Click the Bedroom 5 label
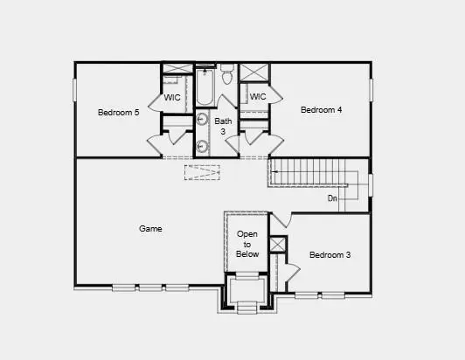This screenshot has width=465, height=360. [118, 113]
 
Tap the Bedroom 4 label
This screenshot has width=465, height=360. [321, 110]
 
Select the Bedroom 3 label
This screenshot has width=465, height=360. [330, 255]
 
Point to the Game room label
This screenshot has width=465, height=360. [150, 229]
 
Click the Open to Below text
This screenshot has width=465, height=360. [246, 244]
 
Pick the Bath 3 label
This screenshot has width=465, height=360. [224, 126]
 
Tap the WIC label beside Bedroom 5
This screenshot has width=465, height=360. [173, 98]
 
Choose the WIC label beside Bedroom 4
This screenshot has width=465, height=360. [257, 97]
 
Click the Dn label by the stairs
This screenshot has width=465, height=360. [332, 199]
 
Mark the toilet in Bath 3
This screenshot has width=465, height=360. [226, 77]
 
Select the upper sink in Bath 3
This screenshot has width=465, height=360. [202, 121]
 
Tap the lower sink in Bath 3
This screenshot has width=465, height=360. [202, 146]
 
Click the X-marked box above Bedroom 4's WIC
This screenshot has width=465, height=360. [254, 73]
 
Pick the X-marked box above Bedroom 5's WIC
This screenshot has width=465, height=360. [177, 69]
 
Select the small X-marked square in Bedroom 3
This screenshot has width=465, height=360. [277, 245]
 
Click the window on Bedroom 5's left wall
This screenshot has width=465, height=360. [75, 90]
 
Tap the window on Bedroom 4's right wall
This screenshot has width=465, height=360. [371, 90]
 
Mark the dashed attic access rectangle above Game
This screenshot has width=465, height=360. [202, 172]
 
